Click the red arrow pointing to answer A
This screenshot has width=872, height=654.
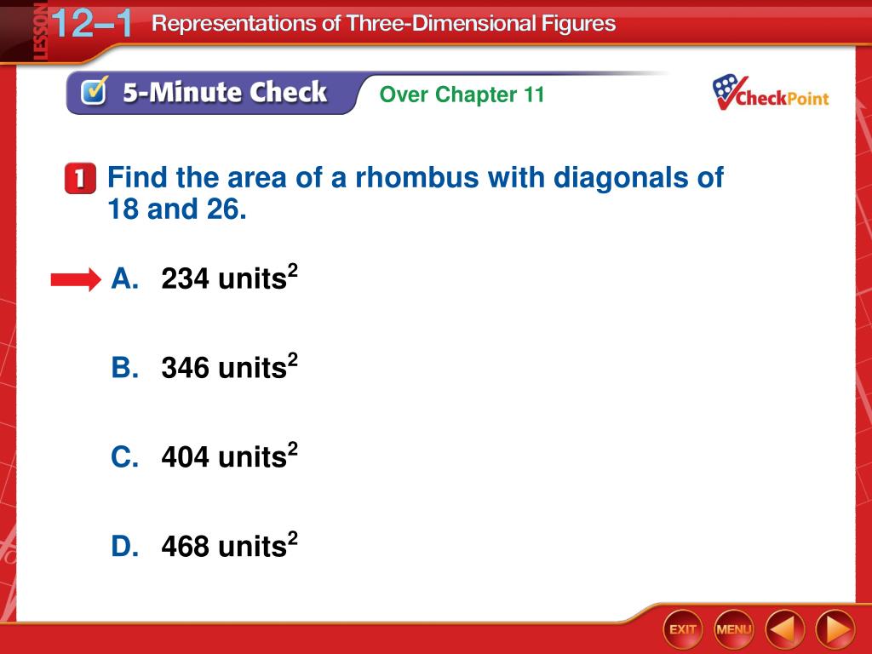click(76, 279)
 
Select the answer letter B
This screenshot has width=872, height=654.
click(124, 368)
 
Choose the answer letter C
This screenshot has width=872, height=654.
click(124, 456)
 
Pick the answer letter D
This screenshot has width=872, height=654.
click(124, 546)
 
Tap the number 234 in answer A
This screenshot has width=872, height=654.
click(186, 278)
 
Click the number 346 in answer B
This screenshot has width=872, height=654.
click(186, 368)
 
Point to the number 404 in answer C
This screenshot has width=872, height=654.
click(186, 456)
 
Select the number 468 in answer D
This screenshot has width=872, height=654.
click(186, 546)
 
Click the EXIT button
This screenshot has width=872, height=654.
click(682, 629)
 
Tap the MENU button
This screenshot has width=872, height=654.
click(733, 629)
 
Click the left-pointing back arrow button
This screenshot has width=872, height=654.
click(784, 629)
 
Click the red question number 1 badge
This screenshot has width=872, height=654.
click(80, 179)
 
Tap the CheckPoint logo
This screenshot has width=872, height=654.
click(770, 92)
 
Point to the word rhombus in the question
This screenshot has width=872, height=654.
click(417, 177)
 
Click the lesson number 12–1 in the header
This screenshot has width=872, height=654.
click(92, 23)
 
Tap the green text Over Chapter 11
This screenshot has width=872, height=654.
click(462, 95)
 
